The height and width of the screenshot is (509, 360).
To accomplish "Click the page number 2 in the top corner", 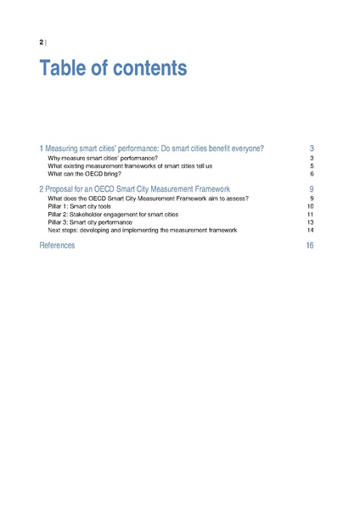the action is pyautogui.click(x=42, y=42).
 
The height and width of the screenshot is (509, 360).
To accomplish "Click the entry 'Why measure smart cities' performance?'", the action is pyautogui.click(x=103, y=158).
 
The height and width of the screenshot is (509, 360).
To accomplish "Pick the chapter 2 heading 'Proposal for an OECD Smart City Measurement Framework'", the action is pyautogui.click(x=135, y=188).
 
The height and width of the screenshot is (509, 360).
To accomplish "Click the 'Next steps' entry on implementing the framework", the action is pyautogui.click(x=143, y=230).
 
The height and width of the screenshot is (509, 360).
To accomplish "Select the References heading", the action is pyautogui.click(x=57, y=245).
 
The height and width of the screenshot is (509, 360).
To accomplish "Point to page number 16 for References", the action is pyautogui.click(x=311, y=245).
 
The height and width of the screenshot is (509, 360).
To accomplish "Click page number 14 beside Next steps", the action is pyautogui.click(x=311, y=230).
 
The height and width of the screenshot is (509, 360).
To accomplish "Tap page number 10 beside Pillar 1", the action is pyautogui.click(x=311, y=206).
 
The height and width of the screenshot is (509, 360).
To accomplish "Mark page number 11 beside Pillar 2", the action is pyautogui.click(x=311, y=214).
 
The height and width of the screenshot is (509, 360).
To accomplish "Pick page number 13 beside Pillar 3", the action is pyautogui.click(x=311, y=222).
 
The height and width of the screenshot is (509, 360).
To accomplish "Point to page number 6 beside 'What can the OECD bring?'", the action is pyautogui.click(x=312, y=174).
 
